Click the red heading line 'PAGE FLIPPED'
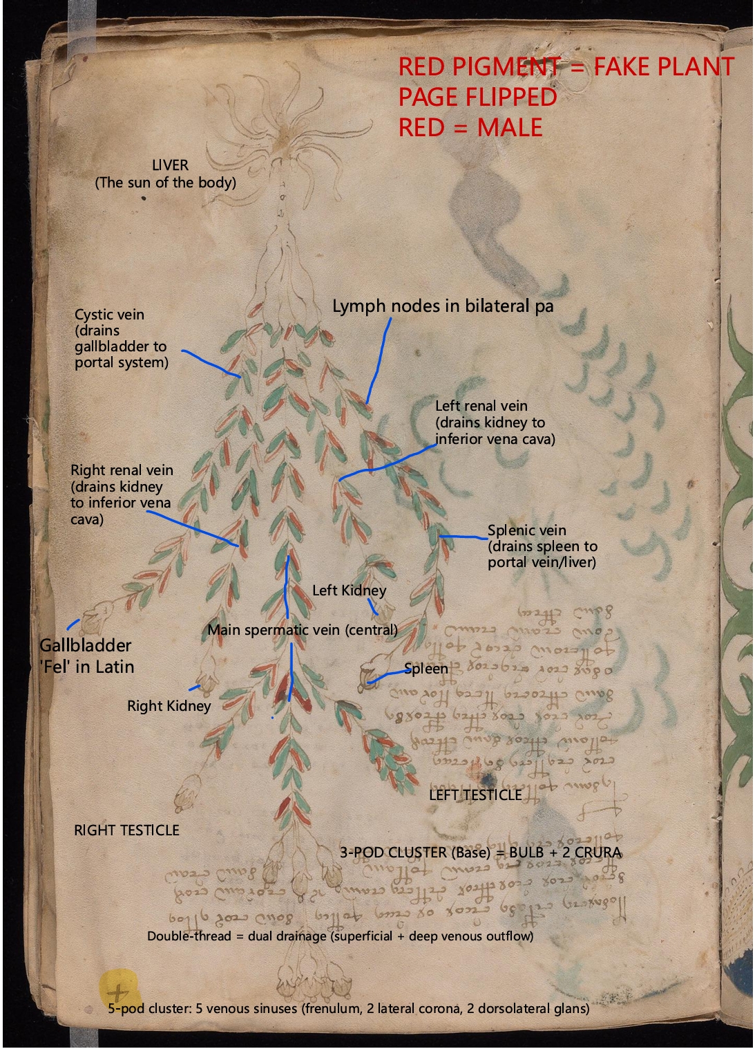click(x=477, y=97)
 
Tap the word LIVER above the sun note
click(x=170, y=165)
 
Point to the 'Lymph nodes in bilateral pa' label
click(x=443, y=306)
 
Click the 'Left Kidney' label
click(x=349, y=590)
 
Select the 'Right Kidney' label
click(x=169, y=705)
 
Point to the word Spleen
click(x=426, y=669)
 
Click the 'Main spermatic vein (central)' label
click(x=303, y=629)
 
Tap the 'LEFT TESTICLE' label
click(x=475, y=795)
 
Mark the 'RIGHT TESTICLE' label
click(x=126, y=830)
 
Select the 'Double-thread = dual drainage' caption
click(x=340, y=936)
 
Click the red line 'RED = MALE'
click(x=470, y=127)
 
